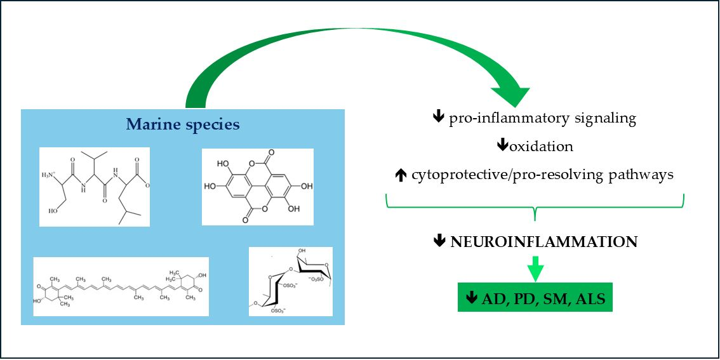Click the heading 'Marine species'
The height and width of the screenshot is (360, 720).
tap(183, 124)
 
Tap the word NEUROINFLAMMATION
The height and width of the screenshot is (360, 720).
tap(543, 242)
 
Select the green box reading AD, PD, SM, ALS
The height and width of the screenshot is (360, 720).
tap(535, 298)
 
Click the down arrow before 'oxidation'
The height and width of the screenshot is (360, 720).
tap(502, 146)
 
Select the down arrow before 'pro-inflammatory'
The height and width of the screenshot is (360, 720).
tap(438, 118)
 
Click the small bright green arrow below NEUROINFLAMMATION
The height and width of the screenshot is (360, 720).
tap(536, 268)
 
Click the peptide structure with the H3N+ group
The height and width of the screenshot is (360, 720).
tap(95, 187)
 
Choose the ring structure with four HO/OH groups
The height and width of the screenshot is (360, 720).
tap(258, 187)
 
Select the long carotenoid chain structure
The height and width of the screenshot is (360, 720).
tap(121, 286)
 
